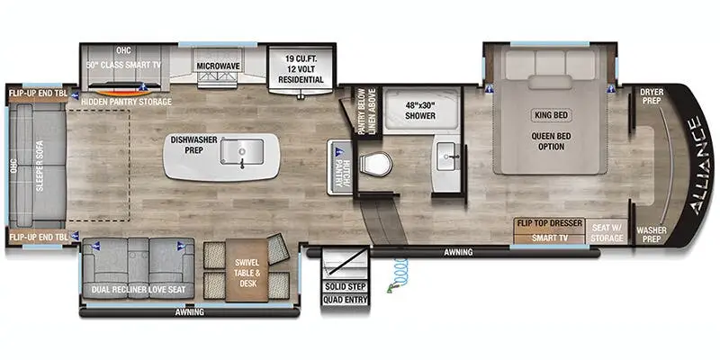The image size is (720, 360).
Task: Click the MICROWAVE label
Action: [x=219, y=67]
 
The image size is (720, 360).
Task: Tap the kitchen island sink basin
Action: [x=241, y=151]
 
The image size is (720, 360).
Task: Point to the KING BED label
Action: [x=551, y=115]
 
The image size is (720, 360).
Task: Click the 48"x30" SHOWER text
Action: [x=420, y=110]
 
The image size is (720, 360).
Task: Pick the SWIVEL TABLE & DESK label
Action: [x=247, y=274]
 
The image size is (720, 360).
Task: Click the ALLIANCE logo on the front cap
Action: [x=700, y=166]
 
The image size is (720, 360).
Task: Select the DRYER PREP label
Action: [x=652, y=95]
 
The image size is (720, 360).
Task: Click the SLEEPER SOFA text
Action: [x=40, y=166]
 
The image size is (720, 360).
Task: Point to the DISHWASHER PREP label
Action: [x=193, y=145]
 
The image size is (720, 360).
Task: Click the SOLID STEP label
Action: [x=346, y=287]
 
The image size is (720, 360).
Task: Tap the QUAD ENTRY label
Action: [x=346, y=301]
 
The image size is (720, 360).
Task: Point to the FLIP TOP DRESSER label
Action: [x=550, y=223]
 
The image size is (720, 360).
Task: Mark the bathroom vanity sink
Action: [x=445, y=156]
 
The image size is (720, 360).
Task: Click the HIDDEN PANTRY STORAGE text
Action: [x=126, y=102]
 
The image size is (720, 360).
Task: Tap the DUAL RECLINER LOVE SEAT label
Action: [x=139, y=290]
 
